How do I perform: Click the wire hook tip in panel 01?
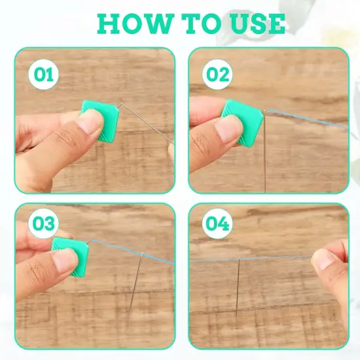(x=122, y=105)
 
